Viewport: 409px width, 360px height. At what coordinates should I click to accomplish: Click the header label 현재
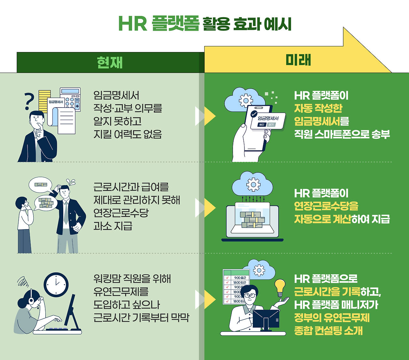point(110,63)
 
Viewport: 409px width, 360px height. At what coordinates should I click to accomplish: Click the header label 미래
point(298,60)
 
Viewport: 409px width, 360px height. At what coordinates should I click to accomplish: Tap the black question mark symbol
point(29,101)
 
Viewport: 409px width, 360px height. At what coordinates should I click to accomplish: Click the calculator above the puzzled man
point(70,99)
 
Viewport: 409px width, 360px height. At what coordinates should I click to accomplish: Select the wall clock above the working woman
point(56,285)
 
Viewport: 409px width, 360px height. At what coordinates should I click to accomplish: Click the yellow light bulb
point(280,287)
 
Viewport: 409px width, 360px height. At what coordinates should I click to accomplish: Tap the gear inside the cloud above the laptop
point(253,184)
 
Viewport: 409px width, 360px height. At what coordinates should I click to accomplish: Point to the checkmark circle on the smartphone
point(254,114)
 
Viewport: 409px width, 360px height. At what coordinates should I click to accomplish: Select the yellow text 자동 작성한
point(318,109)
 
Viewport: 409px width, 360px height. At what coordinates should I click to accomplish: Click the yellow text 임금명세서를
point(321,121)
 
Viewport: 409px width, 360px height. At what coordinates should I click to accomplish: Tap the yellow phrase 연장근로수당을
point(326,206)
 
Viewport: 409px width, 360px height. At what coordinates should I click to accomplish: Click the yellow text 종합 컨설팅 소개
point(328,331)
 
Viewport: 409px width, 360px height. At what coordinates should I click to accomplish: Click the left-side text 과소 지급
point(113,226)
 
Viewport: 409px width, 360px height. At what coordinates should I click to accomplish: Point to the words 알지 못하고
point(117,121)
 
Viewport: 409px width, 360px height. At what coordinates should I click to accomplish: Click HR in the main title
point(132,24)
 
